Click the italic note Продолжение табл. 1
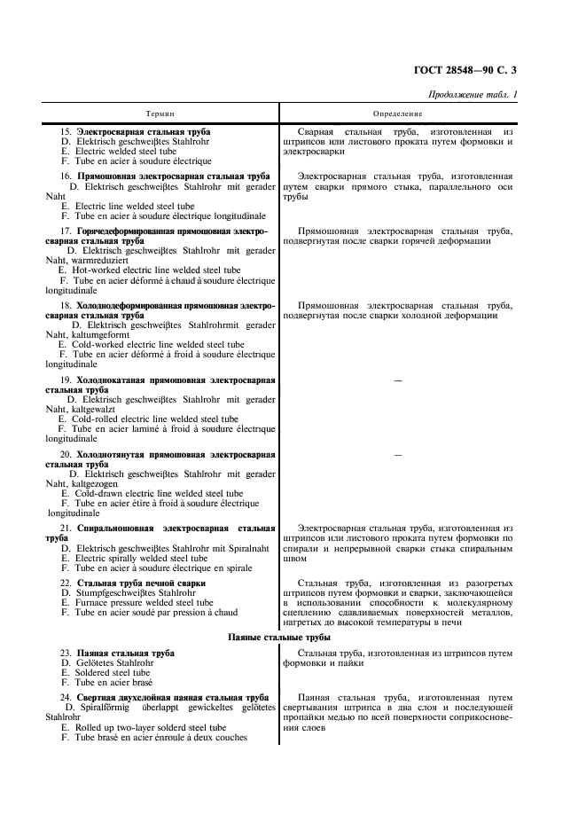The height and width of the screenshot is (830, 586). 473,95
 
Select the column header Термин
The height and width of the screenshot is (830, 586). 160,114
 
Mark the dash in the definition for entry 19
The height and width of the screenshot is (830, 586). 397,380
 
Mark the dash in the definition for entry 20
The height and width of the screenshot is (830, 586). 397,455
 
